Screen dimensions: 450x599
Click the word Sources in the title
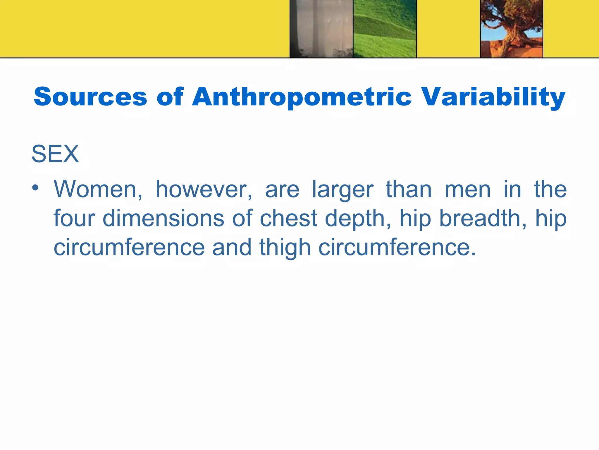90,97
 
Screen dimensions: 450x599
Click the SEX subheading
55,154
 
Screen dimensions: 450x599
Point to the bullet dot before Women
35,188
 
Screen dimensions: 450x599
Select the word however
204,190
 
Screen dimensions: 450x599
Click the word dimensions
163,218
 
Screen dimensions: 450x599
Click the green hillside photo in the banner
385,29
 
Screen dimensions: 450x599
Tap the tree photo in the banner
512,29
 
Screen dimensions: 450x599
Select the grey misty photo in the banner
321,29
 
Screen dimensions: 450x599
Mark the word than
409,190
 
